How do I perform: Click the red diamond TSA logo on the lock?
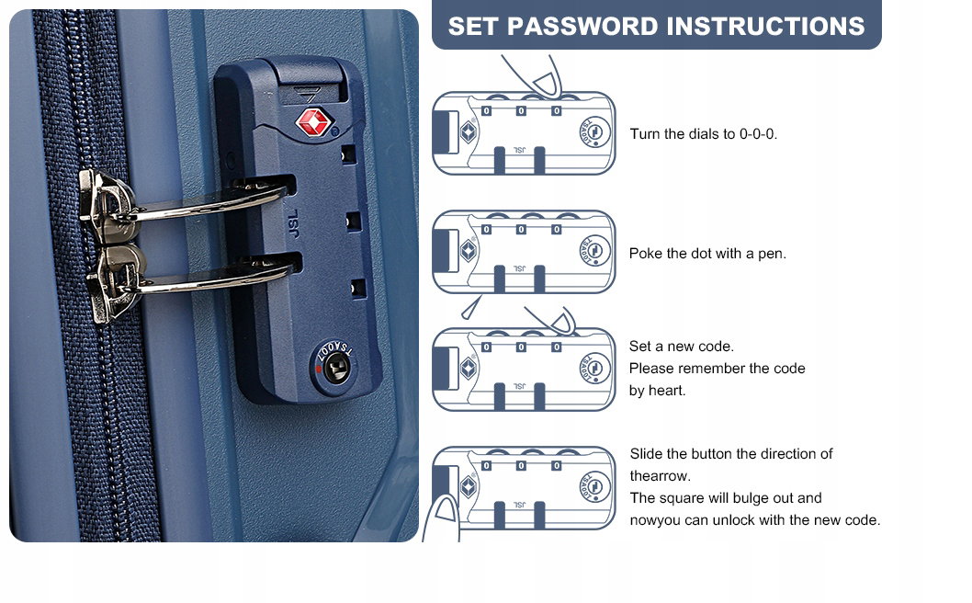point(313,121)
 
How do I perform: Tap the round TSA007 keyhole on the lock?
point(335,369)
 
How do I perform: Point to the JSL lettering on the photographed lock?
point(293,223)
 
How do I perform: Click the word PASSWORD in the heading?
point(582,26)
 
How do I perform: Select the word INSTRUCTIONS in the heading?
point(765,26)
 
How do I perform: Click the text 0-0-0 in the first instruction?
point(758,134)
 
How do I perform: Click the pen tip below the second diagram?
point(470,308)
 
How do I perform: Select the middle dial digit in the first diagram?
point(521,111)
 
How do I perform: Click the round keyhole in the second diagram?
point(594,251)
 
